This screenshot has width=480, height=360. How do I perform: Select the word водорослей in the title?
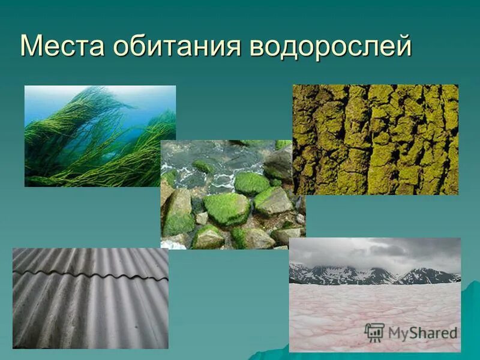coord(330,46)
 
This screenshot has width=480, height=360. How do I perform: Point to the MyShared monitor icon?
coord(374,332)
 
